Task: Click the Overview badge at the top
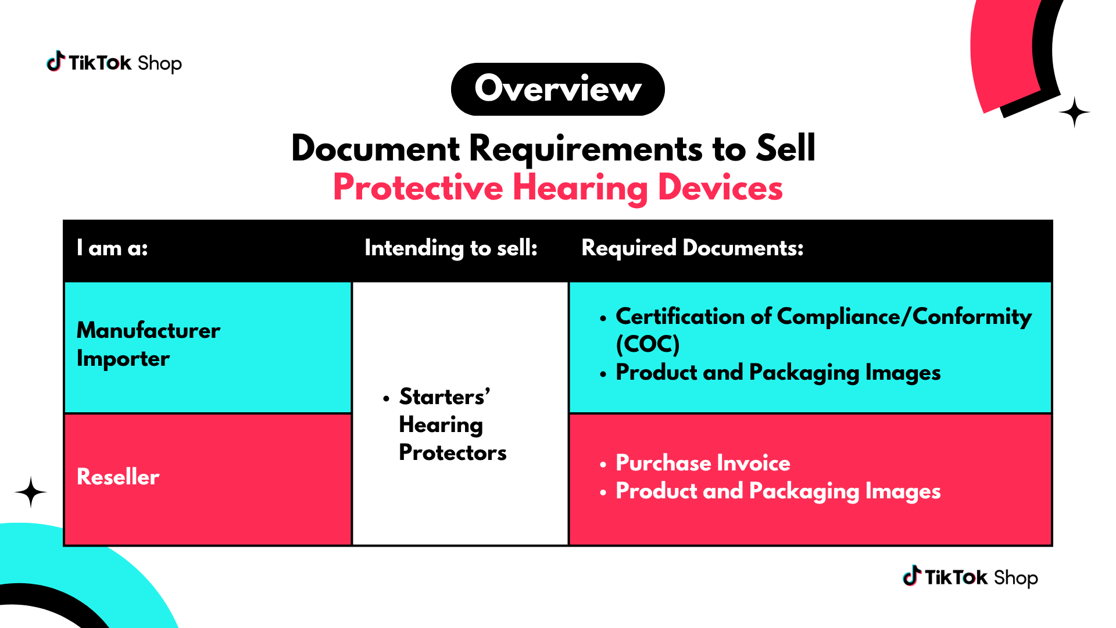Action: [557, 89]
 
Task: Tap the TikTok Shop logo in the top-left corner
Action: [114, 62]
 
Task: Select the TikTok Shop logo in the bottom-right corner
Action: [970, 577]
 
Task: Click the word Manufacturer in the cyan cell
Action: [148, 330]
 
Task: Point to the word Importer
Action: [123, 359]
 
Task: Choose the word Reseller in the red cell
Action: [118, 477]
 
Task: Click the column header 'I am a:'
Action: [112, 248]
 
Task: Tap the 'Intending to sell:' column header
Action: [451, 248]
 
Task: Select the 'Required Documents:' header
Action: [692, 248]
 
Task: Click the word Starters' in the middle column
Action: [445, 397]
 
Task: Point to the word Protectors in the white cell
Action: [453, 452]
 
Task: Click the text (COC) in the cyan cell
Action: [648, 344]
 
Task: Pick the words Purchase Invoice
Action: [703, 463]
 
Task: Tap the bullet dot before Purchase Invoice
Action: [603, 464]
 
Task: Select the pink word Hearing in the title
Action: [580, 188]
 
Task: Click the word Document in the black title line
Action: [375, 148]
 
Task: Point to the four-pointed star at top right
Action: [1074, 112]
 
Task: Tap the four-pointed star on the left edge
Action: [31, 493]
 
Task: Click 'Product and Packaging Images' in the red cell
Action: [778, 491]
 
